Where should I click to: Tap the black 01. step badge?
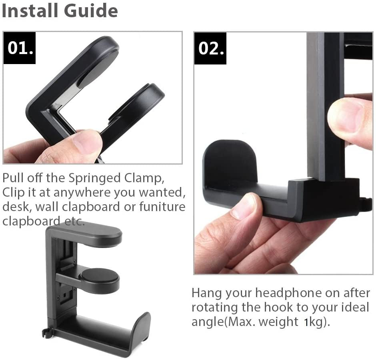click(20, 48)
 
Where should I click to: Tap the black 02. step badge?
click(210, 48)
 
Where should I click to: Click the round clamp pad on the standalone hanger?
click(100, 275)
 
